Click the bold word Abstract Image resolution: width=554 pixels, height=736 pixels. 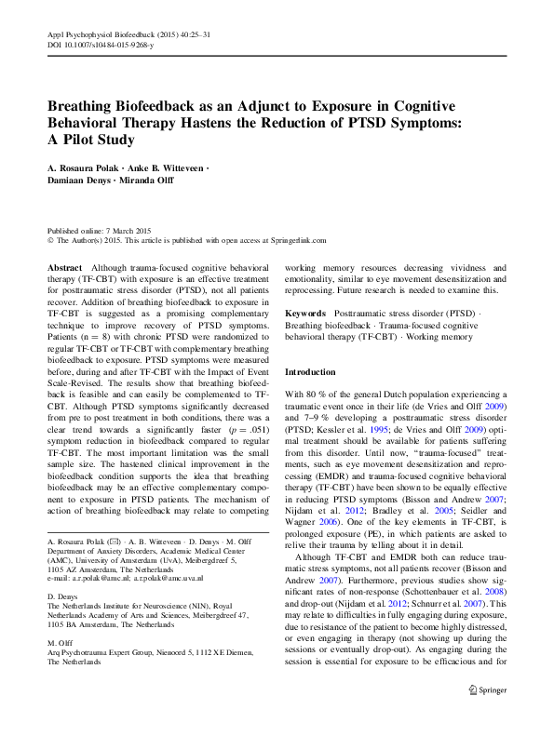point(64,267)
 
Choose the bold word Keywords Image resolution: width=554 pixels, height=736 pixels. point(305,314)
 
